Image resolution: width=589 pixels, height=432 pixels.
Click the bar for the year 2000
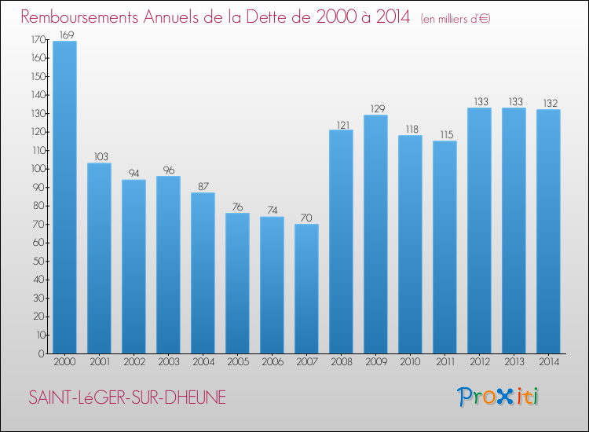pyautogui.click(x=64, y=197)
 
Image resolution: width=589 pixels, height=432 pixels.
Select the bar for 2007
pyautogui.click(x=306, y=288)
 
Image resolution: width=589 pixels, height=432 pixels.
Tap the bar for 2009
pyautogui.click(x=375, y=234)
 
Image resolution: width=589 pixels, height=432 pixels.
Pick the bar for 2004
pyautogui.click(x=203, y=273)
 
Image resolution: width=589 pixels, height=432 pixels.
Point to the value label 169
pyautogui.click(x=65, y=35)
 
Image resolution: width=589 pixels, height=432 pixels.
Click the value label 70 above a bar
pyautogui.click(x=306, y=218)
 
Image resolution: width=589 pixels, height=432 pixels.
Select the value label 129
pyautogui.click(x=375, y=108)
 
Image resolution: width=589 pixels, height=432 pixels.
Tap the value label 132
pyautogui.click(x=548, y=103)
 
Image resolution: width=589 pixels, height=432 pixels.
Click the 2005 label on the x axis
pyautogui.click(x=237, y=362)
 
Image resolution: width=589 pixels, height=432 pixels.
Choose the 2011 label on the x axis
pyautogui.click(x=444, y=362)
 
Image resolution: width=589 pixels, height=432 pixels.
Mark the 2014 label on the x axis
pyautogui.click(x=548, y=362)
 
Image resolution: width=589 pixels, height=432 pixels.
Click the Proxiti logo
pyautogui.click(x=498, y=397)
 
